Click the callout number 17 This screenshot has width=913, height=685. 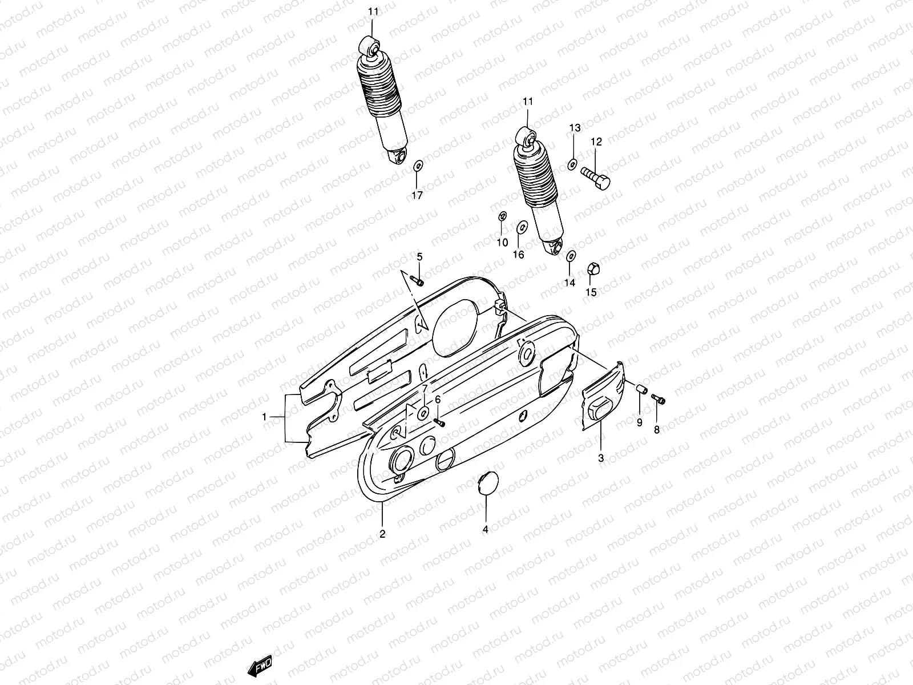click(x=417, y=196)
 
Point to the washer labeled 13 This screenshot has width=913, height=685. click(x=572, y=165)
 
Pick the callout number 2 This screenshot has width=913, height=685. click(x=382, y=534)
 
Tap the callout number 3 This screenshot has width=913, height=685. click(x=601, y=458)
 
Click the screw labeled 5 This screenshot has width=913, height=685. click(x=418, y=281)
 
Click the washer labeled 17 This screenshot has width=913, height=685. click(x=417, y=166)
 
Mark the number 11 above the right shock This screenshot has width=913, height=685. click(x=528, y=102)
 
